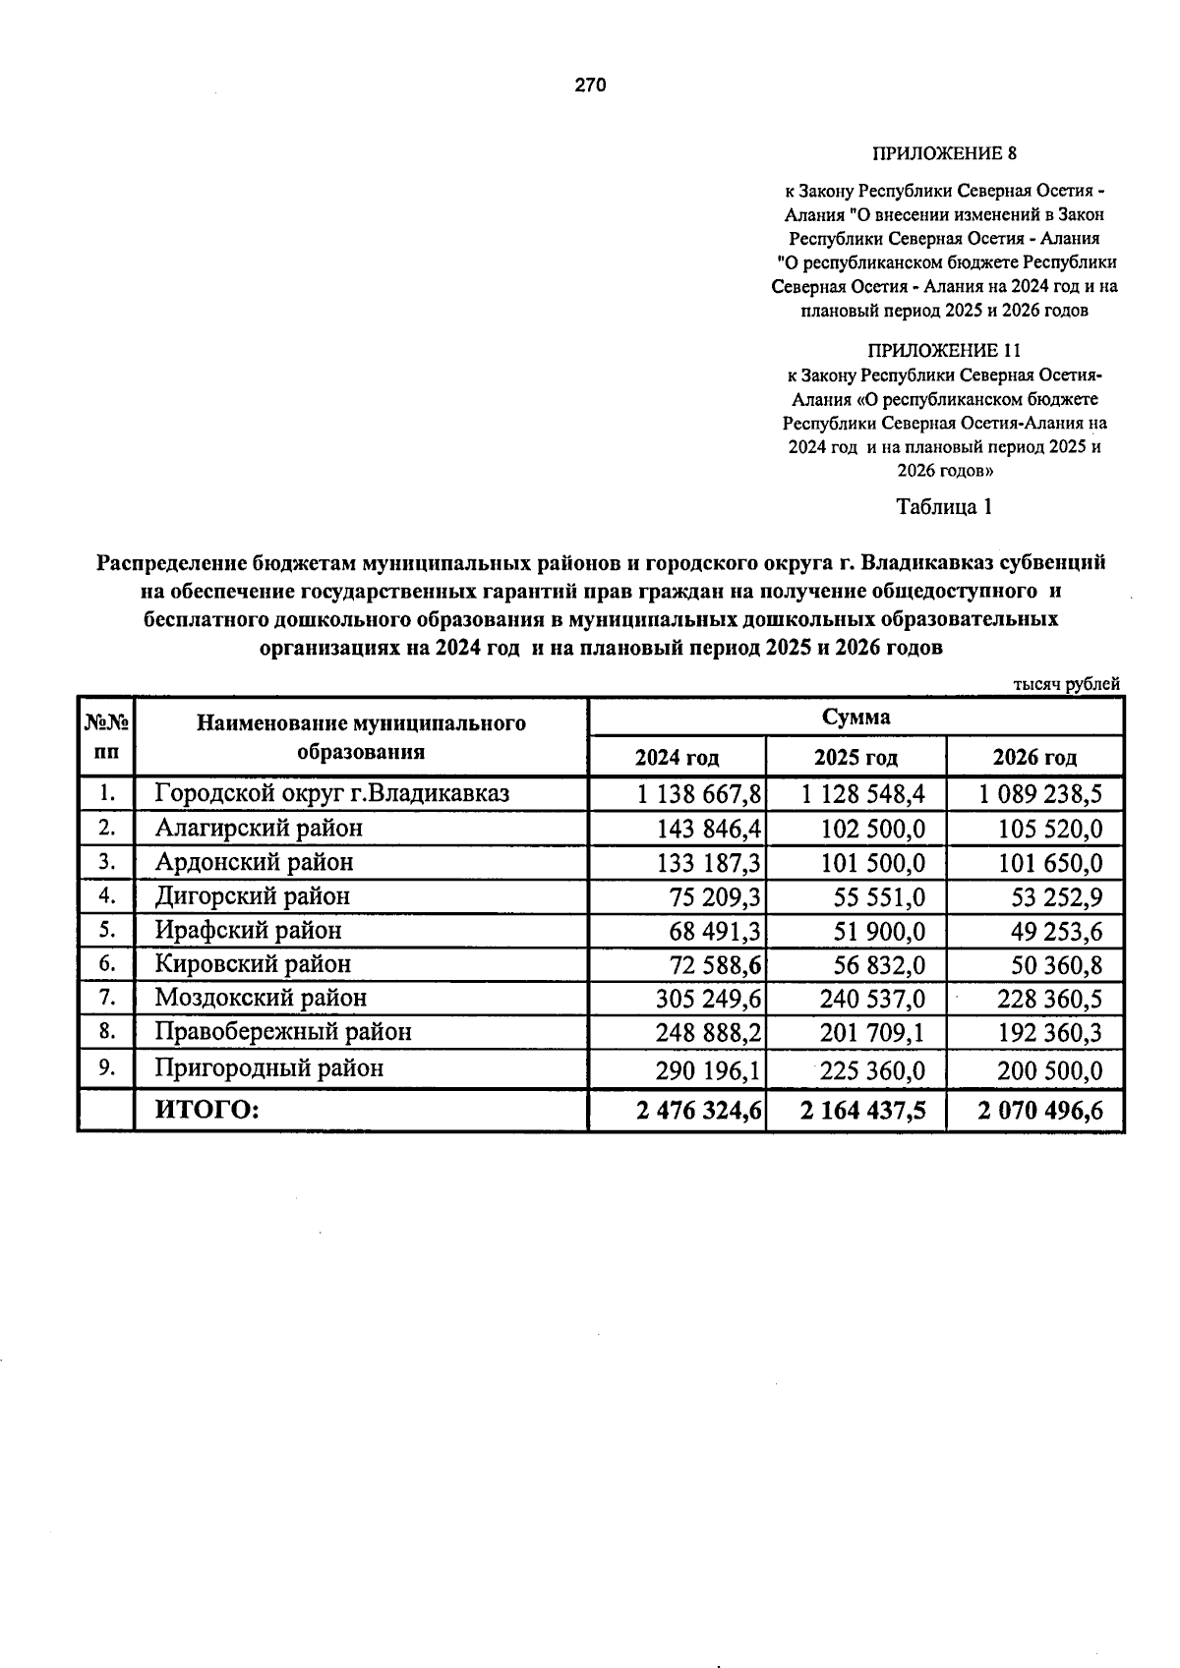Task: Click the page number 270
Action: [x=590, y=86]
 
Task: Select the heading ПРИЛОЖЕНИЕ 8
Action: [x=944, y=154]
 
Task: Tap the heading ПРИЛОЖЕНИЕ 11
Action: [x=944, y=350]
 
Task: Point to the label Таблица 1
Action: [x=944, y=507]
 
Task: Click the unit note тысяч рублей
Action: [x=1066, y=684]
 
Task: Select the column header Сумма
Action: [x=855, y=717]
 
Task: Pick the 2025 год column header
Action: [x=855, y=758]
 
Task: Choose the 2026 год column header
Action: [x=1034, y=758]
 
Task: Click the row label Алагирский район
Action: [x=259, y=829]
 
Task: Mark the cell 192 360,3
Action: [x=1048, y=1033]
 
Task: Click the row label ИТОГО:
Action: [x=206, y=1111]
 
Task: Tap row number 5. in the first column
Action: [x=108, y=930]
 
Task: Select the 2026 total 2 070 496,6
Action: [x=1040, y=1112]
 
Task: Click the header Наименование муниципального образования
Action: [x=361, y=738]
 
